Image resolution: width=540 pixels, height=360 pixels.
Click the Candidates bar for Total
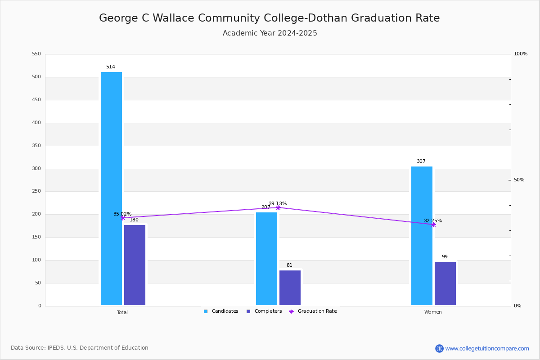click(x=112, y=189)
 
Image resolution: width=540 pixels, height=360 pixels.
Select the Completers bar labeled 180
click(x=135, y=265)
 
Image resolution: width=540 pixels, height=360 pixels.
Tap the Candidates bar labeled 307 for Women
click(x=422, y=236)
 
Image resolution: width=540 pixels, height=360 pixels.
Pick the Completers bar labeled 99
click(x=445, y=283)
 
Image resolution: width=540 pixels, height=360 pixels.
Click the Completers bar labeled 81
click(x=290, y=288)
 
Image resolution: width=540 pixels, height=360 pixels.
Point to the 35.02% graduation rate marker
click(x=123, y=218)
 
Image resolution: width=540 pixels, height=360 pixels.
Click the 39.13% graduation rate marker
click(x=278, y=207)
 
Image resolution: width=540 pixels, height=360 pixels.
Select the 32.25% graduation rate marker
click(x=433, y=225)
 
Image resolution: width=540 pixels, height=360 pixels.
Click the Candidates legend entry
click(x=221, y=311)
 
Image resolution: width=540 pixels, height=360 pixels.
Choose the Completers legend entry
click(x=264, y=311)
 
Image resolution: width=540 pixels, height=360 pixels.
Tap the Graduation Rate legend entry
click(x=313, y=311)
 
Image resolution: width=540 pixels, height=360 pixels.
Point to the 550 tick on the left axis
click(x=36, y=54)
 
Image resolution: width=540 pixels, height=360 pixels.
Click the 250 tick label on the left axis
click(x=36, y=191)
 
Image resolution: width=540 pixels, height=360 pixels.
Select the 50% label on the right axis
click(x=519, y=180)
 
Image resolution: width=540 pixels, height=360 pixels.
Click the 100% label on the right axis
click(x=521, y=54)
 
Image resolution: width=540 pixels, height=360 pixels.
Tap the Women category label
click(x=433, y=312)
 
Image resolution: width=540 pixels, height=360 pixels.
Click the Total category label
click(x=122, y=312)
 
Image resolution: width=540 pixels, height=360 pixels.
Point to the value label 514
click(x=111, y=67)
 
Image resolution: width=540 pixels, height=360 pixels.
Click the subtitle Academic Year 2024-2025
click(x=270, y=33)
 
